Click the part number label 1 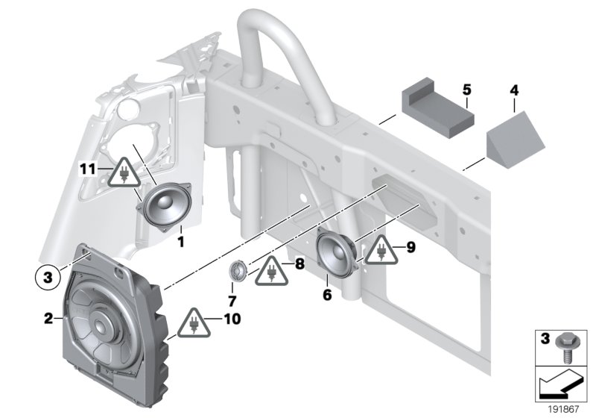[179, 241]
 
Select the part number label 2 [48, 319]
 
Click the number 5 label [466, 90]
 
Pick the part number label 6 [326, 296]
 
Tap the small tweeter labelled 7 [238, 269]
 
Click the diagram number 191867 [564, 409]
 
